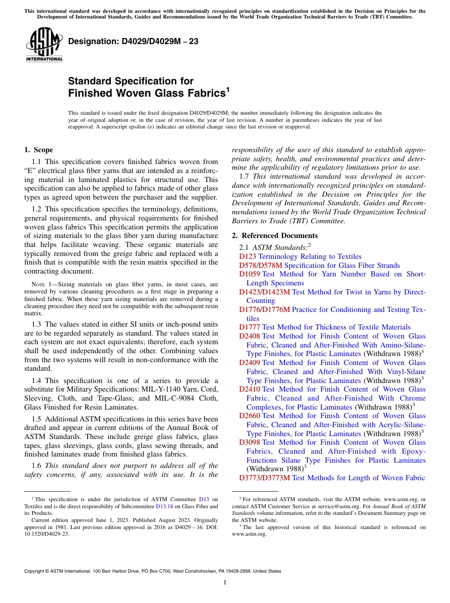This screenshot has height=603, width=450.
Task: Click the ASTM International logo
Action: (44, 45)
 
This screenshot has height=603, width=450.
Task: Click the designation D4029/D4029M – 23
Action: (133, 42)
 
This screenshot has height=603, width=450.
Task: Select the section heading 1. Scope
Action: (38, 150)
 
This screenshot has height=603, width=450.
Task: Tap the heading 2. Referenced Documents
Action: (275, 236)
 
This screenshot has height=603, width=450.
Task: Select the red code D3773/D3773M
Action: (264, 478)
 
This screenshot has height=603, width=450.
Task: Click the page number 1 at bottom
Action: (225, 582)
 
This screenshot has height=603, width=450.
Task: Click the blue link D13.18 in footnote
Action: (163, 506)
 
